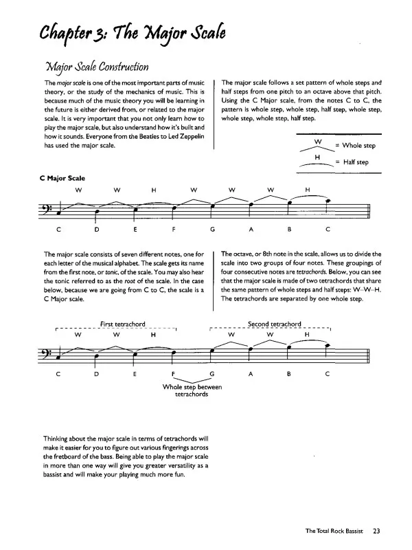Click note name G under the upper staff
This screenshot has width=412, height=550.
pos(214,229)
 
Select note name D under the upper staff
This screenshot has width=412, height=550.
pos(97,229)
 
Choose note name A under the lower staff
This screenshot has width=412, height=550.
pos(252,375)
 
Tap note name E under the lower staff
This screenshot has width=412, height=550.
pos(135,375)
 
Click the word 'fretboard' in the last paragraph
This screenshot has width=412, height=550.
pos(60,456)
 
